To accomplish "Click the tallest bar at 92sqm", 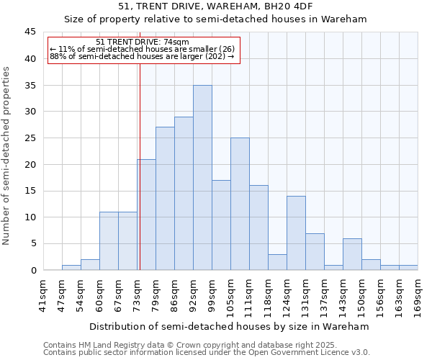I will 202,178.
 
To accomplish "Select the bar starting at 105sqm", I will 240,204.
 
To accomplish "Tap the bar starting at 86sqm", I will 184,194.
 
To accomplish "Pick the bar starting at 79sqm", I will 165,199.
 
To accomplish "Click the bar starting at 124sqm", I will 296,233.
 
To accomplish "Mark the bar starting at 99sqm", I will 221,225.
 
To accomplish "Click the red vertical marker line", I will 140,166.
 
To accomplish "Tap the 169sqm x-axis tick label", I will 419,294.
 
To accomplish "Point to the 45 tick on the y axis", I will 30,32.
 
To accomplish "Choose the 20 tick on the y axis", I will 30,164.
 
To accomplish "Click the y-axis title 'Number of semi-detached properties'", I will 7,156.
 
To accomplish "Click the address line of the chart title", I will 215,6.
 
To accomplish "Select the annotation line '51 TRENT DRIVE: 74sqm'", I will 143,42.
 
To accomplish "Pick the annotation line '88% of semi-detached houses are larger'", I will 142,56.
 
